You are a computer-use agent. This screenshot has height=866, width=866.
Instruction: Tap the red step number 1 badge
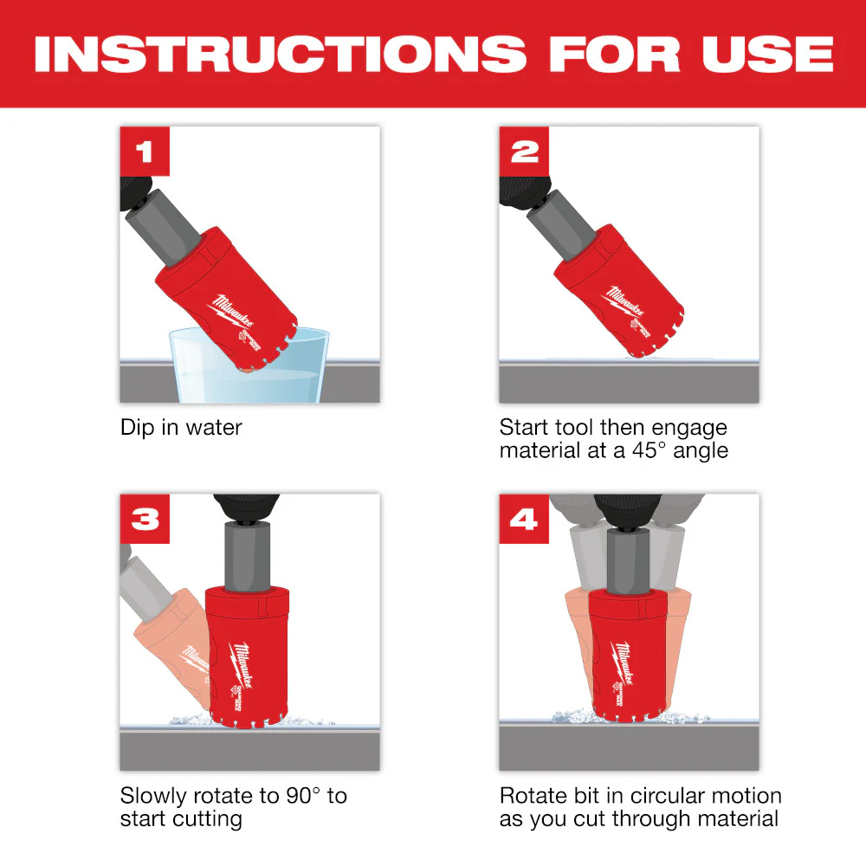tap(145, 152)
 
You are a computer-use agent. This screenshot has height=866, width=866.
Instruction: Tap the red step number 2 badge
tap(524, 152)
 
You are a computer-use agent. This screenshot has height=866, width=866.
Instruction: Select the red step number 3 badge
tap(145, 520)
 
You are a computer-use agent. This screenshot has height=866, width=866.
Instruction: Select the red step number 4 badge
tap(524, 520)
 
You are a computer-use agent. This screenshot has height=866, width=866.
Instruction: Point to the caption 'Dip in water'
tap(181, 427)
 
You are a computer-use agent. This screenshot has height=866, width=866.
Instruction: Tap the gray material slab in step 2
tap(629, 383)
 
